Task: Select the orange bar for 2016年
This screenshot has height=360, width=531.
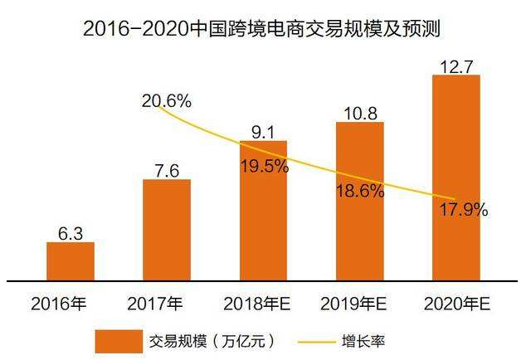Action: [70, 261]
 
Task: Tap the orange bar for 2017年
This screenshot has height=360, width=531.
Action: [166, 230]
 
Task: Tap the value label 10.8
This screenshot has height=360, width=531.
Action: [359, 110]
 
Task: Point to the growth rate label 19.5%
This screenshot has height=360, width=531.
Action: [264, 165]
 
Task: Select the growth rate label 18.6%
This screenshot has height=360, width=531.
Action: [359, 191]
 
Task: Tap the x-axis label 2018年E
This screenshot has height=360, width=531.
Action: [263, 302]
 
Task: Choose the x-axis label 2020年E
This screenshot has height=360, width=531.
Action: [456, 302]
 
